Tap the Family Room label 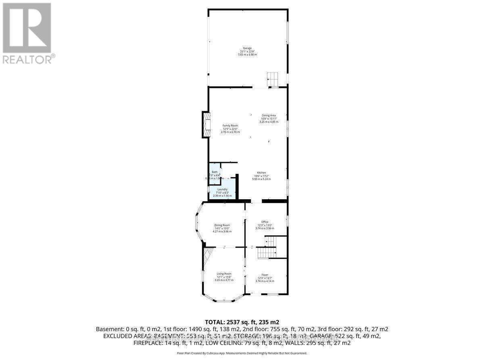230,126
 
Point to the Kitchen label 261,173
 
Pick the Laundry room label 223,190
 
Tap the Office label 265,222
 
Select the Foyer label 265,275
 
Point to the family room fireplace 206,125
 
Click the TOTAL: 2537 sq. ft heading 242,322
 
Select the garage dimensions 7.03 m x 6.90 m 247,54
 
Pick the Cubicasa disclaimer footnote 242,353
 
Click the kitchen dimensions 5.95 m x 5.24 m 261,179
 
